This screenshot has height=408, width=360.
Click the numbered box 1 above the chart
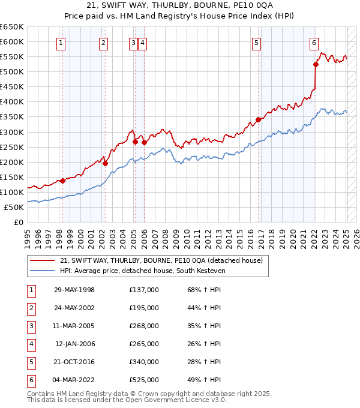[x=62, y=43]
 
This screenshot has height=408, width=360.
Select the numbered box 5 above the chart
[x=256, y=43]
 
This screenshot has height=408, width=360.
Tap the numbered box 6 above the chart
[x=314, y=43]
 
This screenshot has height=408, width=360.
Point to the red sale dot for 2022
[x=316, y=64]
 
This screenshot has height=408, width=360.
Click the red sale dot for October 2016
[x=258, y=119]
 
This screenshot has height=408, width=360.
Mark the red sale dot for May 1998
[x=62, y=181]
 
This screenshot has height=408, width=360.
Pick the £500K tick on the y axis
[x=13, y=72]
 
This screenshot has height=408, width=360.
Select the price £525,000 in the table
[x=144, y=380]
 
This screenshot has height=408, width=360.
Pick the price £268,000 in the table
[x=144, y=326]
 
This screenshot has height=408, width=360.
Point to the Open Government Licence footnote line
[x=127, y=400]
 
